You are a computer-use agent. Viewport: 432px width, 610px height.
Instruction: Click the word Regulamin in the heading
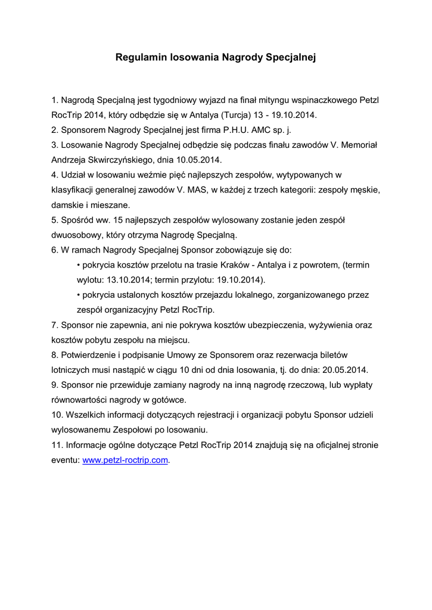141,58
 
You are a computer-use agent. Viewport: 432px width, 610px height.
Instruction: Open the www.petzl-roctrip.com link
125,460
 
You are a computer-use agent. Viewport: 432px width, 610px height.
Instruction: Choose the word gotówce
169,399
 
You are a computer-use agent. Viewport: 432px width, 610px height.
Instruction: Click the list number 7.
55,325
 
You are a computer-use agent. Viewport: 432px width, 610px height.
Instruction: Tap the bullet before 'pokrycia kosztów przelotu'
79,264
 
